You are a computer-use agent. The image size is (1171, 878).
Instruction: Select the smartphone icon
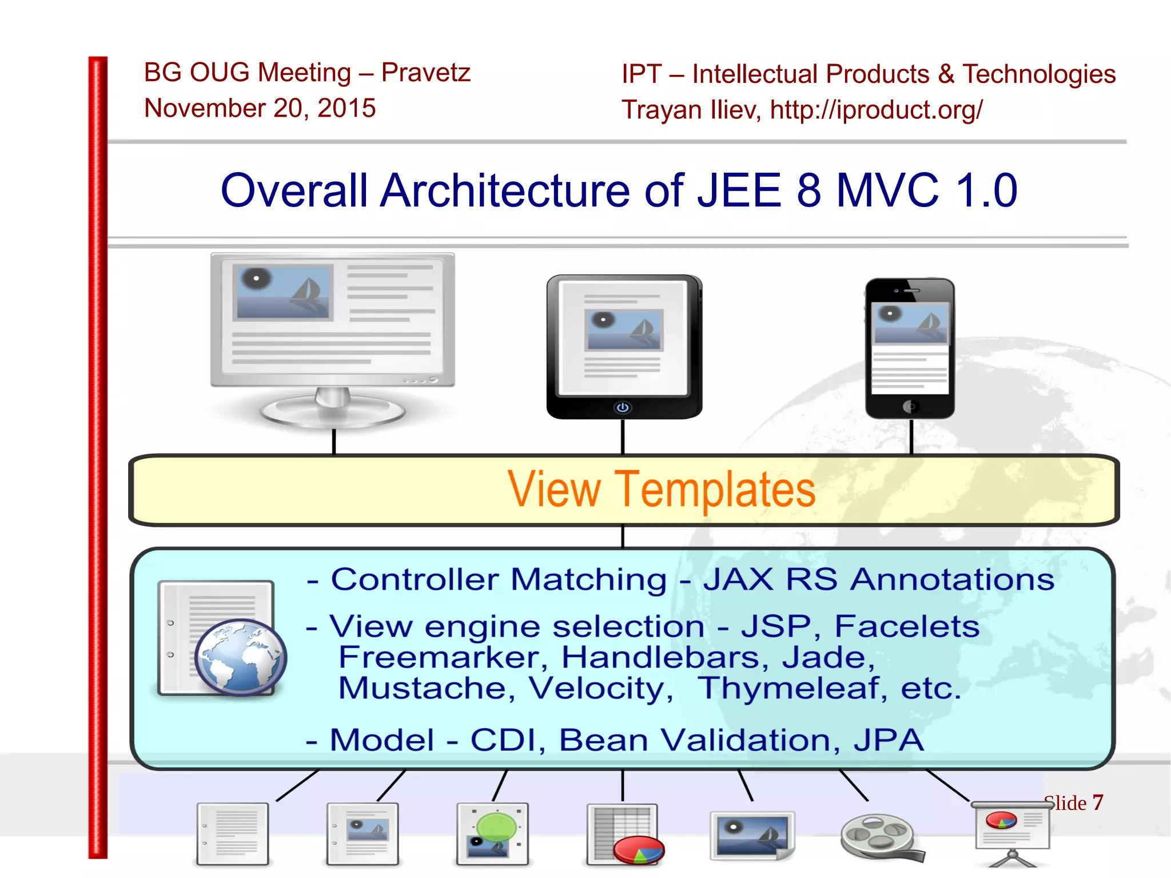(x=910, y=348)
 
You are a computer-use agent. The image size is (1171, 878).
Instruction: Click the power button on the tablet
(x=623, y=407)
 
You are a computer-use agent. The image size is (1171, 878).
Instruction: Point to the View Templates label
(x=662, y=490)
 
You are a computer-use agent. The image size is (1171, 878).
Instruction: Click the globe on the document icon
(x=240, y=657)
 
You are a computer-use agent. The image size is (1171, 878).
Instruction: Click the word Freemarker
(x=440, y=657)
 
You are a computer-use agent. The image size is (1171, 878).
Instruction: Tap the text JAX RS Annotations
(x=878, y=579)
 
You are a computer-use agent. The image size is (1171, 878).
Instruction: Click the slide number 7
(x=1097, y=802)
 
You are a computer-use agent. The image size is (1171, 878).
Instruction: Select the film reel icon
(x=879, y=836)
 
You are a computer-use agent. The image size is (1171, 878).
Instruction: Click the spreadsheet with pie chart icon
(x=625, y=835)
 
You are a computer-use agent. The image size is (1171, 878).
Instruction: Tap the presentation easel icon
(x=1011, y=832)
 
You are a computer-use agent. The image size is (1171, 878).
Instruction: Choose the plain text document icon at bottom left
(x=232, y=834)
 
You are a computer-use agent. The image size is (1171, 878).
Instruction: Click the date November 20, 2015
(x=260, y=108)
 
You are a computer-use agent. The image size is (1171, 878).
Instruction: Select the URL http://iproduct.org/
(x=876, y=110)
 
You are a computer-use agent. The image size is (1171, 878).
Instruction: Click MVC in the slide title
(x=887, y=190)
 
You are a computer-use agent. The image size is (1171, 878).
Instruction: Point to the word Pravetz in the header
(x=425, y=73)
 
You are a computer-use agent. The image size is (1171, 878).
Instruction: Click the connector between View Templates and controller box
(x=623, y=537)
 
